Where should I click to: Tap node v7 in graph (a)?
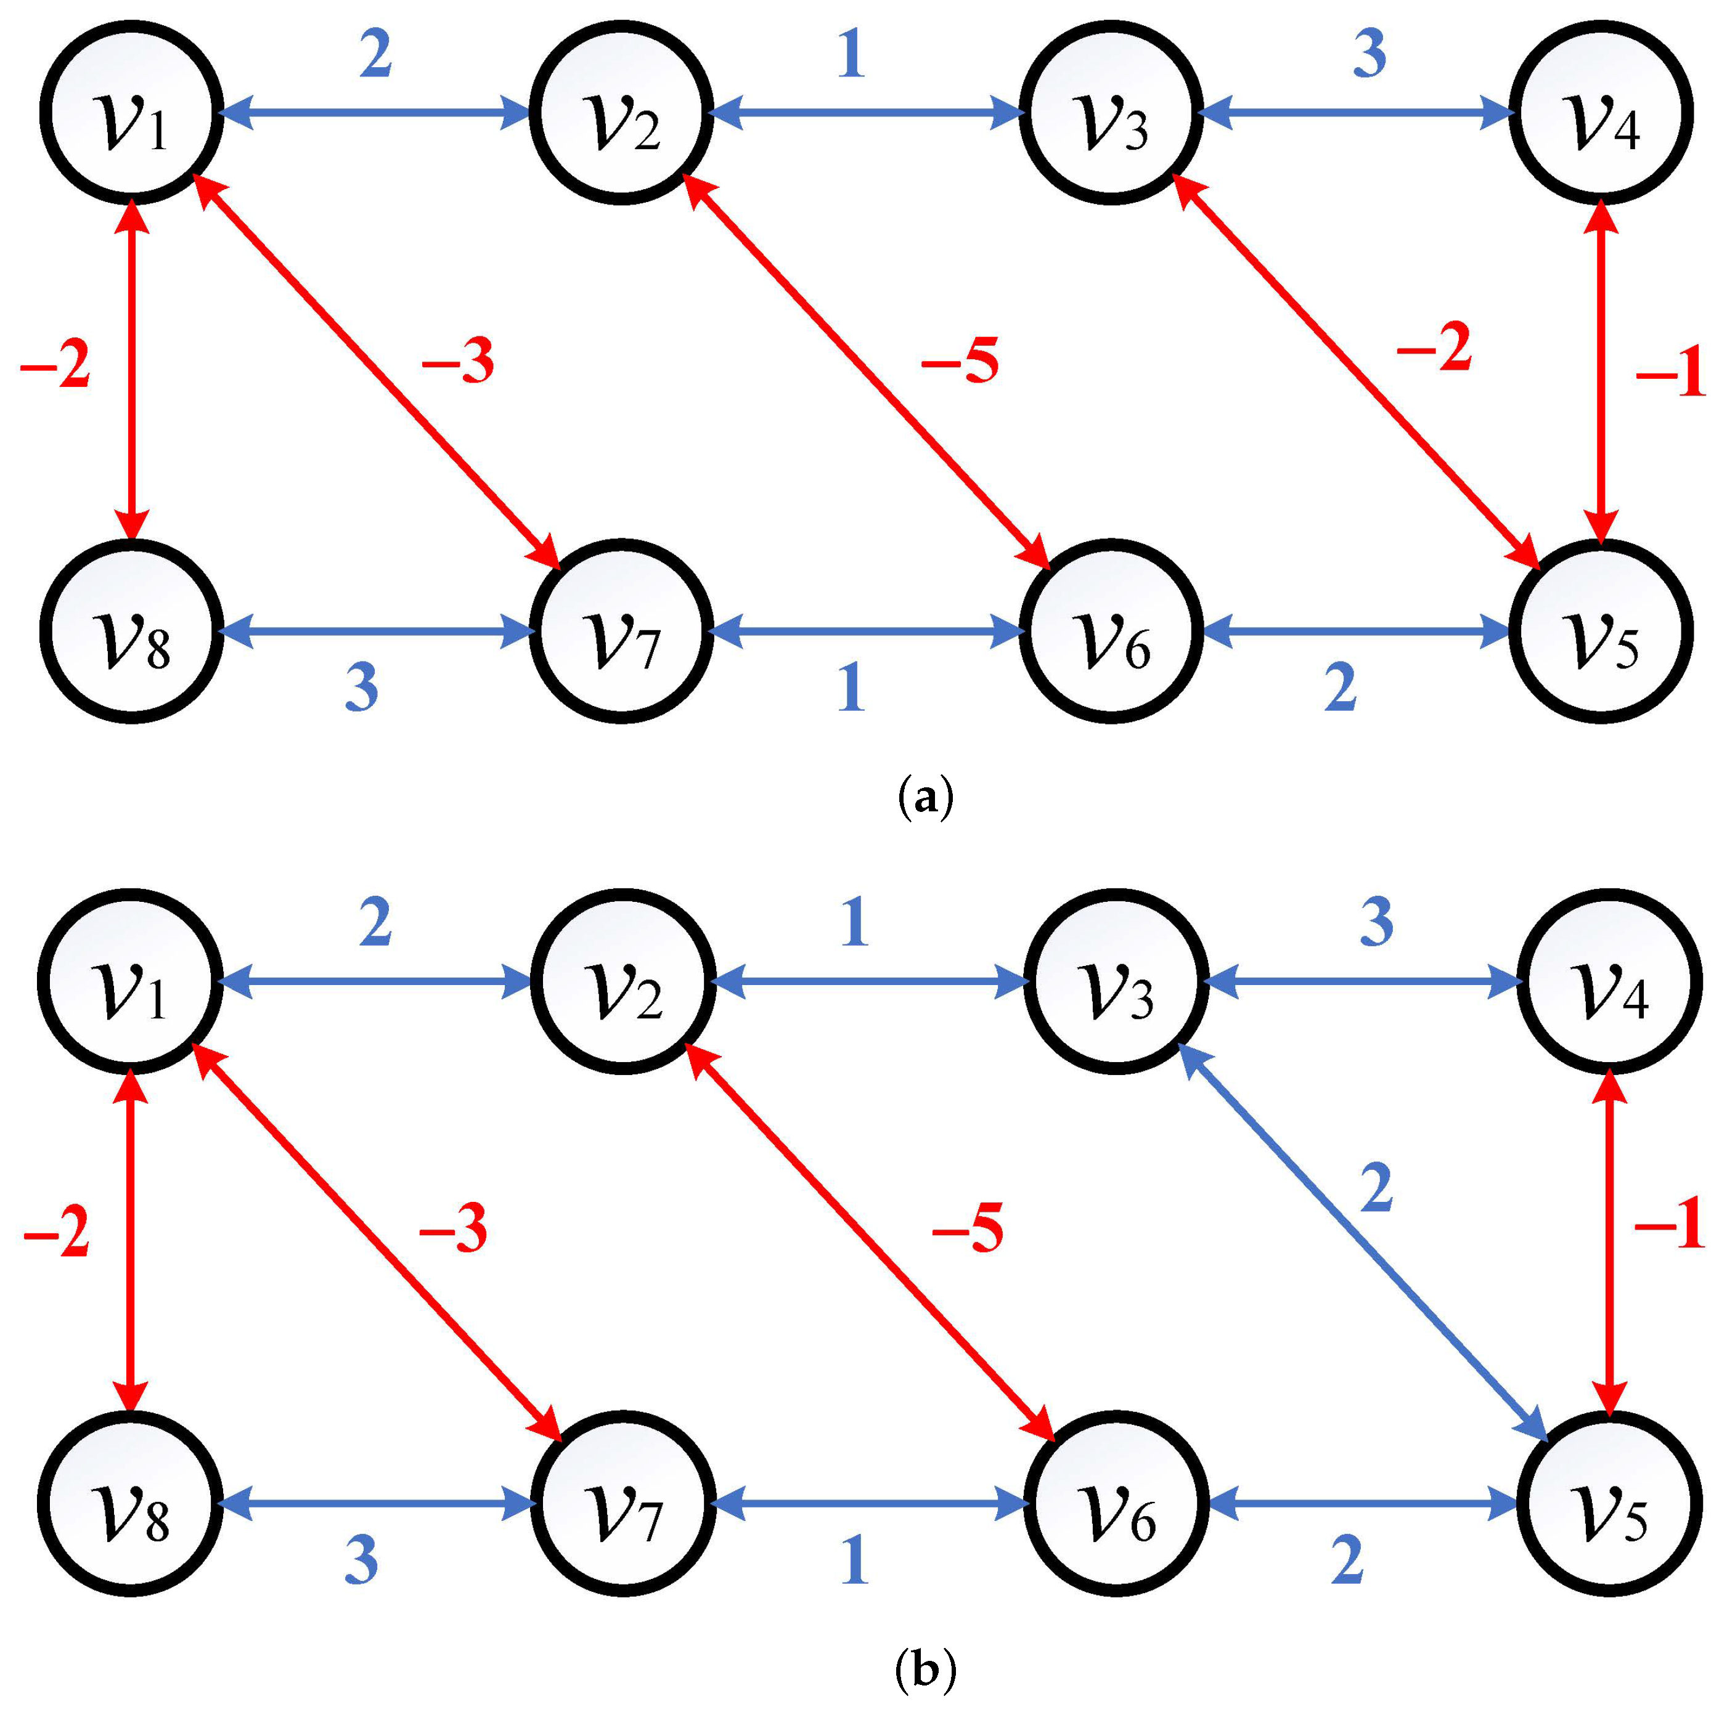click(621, 631)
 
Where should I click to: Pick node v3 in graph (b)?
click(1116, 981)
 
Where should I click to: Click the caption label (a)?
click(925, 797)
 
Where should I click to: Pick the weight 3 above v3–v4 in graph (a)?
click(1369, 54)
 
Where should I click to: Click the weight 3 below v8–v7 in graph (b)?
click(361, 1560)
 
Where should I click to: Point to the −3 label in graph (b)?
click(454, 1228)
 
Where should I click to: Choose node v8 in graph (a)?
click(132, 631)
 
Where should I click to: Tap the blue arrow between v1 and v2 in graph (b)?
click(375, 981)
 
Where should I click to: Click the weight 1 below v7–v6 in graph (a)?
click(851, 688)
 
